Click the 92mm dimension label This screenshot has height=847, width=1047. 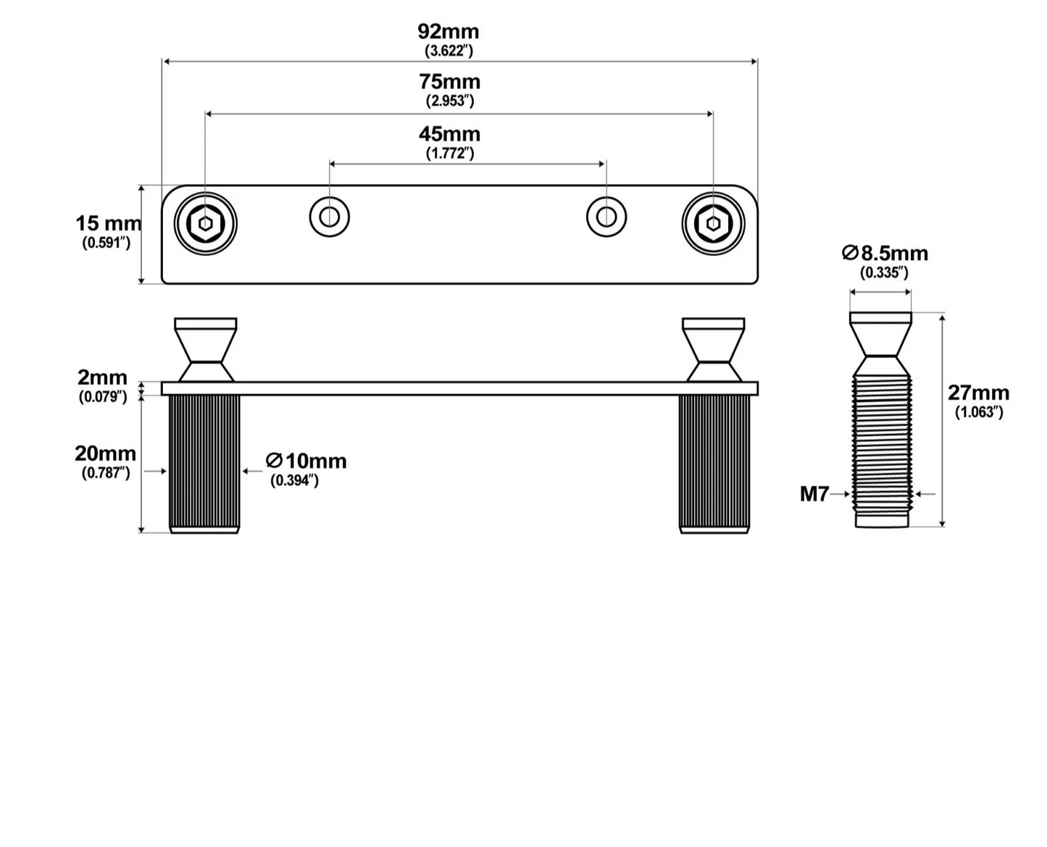tap(448, 32)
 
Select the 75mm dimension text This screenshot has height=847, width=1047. tap(449, 82)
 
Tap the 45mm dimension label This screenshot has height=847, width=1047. tap(449, 134)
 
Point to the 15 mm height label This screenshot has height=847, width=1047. tap(108, 224)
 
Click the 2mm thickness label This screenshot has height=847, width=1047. tap(102, 377)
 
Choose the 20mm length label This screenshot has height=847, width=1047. tap(105, 454)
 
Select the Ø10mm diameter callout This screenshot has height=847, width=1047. tap(306, 461)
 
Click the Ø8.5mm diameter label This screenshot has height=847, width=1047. tap(885, 253)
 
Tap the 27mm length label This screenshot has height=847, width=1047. tap(978, 393)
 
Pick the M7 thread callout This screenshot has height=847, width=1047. tap(814, 494)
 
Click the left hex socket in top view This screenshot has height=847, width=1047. tap(206, 224)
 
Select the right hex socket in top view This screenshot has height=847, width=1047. tap(713, 224)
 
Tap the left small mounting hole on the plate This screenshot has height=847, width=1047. tap(330, 217)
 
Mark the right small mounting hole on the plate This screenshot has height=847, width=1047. tap(606, 217)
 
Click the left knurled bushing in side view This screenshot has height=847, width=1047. tap(204, 464)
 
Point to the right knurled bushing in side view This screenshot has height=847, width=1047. tap(714, 464)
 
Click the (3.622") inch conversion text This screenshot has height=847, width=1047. tap(449, 51)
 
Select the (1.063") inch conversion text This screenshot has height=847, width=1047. tap(979, 412)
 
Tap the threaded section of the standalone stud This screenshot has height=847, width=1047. tap(881, 445)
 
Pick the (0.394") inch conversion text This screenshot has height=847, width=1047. tap(294, 480)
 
